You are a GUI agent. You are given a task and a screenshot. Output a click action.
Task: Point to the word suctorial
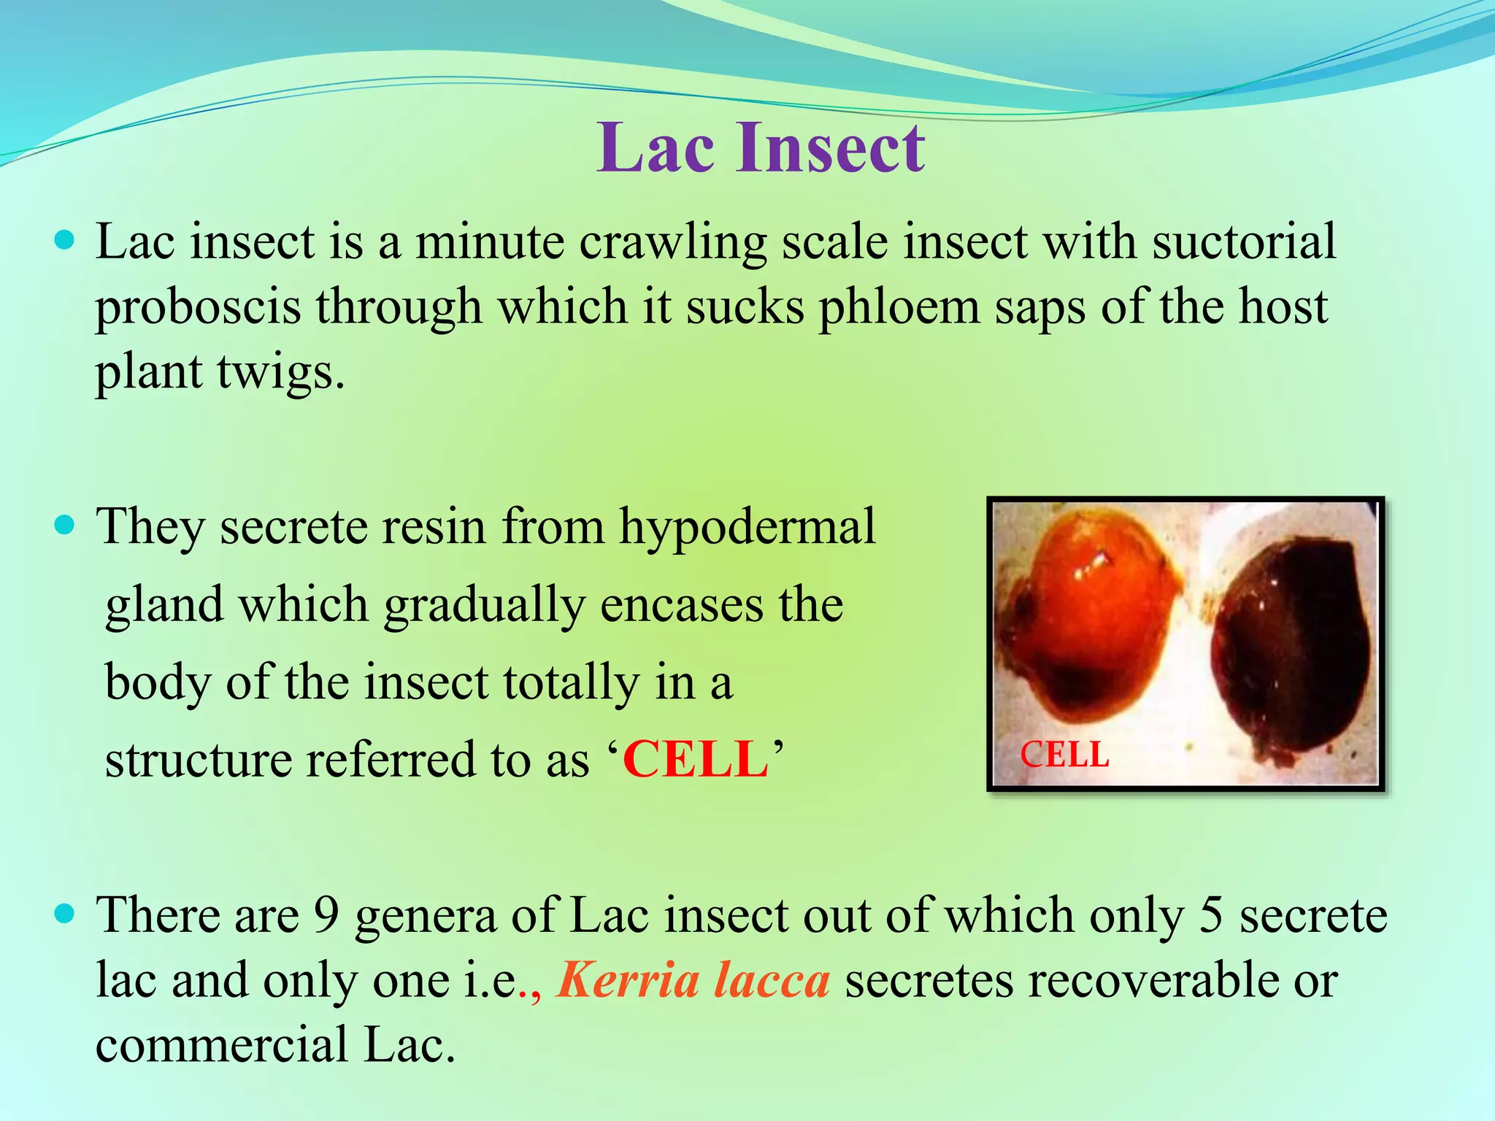(x=1244, y=242)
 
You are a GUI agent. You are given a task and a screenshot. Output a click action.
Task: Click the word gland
(x=164, y=606)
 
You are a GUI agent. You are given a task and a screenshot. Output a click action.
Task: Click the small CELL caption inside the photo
(x=1064, y=755)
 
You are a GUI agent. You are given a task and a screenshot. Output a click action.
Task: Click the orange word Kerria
(x=629, y=980)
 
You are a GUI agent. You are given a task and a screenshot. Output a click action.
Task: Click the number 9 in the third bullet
(x=326, y=915)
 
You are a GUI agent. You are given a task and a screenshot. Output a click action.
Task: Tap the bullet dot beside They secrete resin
(x=65, y=525)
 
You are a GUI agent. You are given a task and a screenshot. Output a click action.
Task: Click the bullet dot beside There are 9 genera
(x=65, y=914)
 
